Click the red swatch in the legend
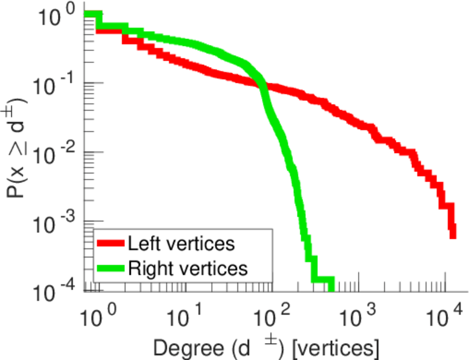tap(110, 244)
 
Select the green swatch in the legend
tap(110, 268)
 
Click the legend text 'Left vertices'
tap(181, 244)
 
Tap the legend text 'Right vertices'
tap(188, 268)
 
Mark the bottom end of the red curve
tap(453, 235)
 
